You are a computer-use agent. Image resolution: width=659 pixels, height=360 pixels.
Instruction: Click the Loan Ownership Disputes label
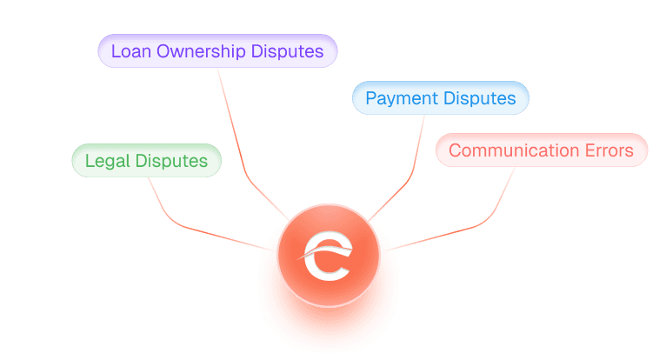217,51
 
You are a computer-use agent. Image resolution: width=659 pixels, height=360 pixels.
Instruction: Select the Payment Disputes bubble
440,98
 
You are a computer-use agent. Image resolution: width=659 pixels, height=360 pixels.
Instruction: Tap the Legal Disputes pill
146,161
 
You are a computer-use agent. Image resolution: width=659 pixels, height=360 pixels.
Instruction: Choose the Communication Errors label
541,150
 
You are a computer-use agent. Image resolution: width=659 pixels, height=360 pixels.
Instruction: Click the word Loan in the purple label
128,51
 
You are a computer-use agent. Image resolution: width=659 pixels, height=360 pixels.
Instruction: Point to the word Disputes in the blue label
479,98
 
